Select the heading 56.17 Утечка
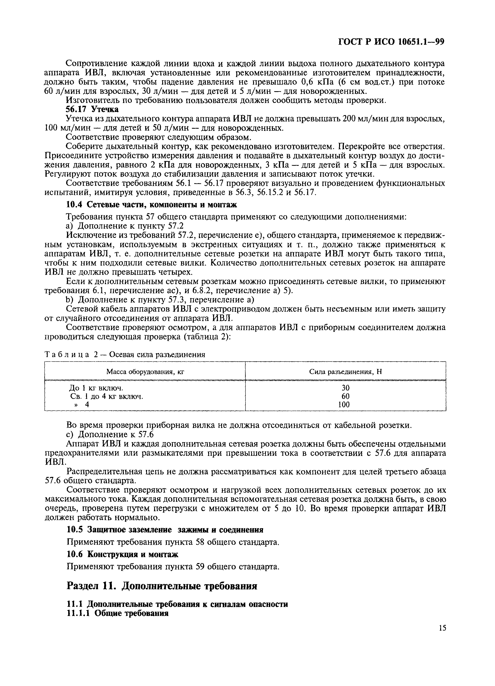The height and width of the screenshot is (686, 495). click(x=92, y=109)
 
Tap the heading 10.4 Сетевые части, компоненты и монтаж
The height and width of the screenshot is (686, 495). click(x=151, y=205)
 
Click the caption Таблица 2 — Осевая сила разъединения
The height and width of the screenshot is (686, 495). click(x=125, y=355)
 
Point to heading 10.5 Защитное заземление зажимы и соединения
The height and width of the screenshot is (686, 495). click(x=165, y=530)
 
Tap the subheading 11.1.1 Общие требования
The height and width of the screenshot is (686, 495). click(x=117, y=613)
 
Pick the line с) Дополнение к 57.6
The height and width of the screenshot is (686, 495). click(x=110, y=434)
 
